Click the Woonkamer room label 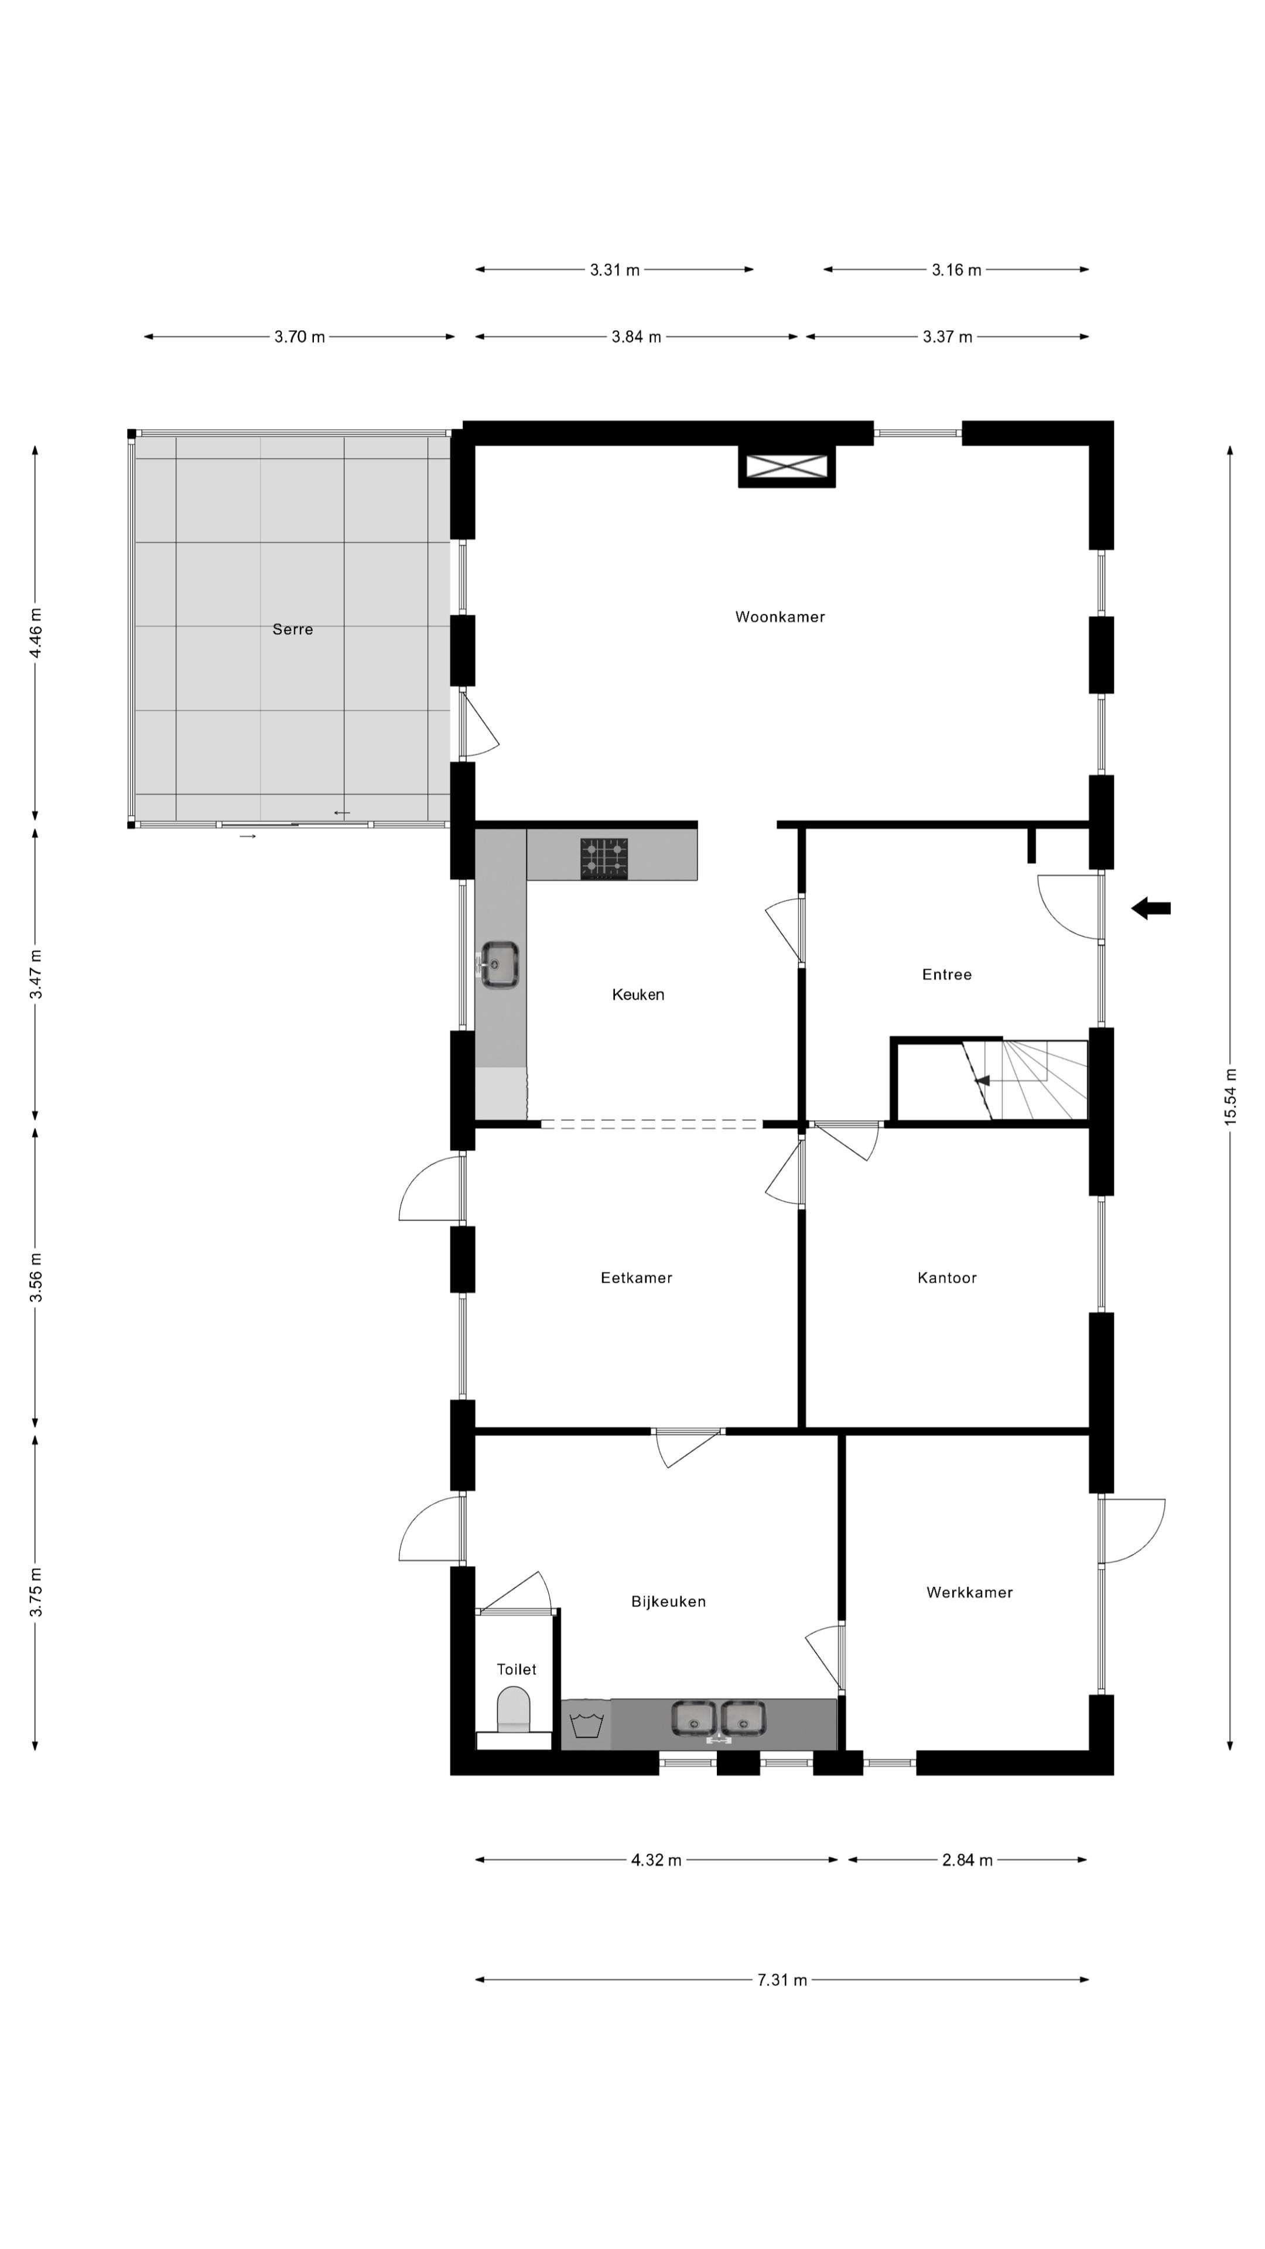pos(779,617)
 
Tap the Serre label pos(292,630)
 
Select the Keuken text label pos(638,994)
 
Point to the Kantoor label pos(947,1278)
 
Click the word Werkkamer pos(970,1592)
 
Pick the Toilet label pos(517,1669)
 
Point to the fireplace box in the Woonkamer pos(787,466)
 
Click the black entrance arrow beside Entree pos(1151,909)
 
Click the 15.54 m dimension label pos(1231,1096)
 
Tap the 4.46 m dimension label pos(36,634)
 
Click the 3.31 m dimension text pos(614,270)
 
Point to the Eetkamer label pos(637,1278)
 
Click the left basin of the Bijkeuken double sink pos(693,1719)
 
